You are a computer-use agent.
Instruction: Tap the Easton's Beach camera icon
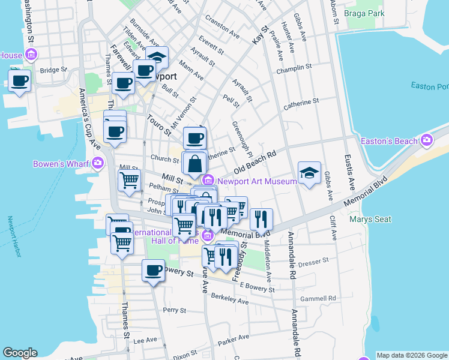tap(427, 141)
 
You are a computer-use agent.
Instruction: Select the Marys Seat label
tap(370, 219)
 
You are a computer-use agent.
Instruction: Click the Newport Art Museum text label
tap(257, 180)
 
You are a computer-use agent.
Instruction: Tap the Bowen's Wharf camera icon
tap(98, 163)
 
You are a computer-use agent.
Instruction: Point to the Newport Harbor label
tap(16, 236)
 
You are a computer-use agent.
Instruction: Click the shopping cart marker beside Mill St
tap(130, 180)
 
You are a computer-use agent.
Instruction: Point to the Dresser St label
tap(314, 261)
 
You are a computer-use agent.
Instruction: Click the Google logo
tap(20, 353)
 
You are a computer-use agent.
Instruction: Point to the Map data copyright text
tap(412, 355)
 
